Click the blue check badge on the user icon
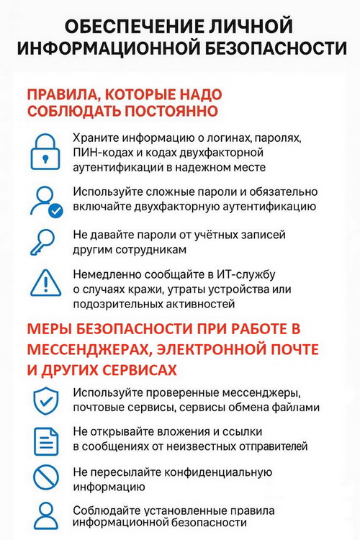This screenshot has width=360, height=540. [55, 210]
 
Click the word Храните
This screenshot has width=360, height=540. [95, 138]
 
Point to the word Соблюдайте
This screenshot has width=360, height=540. [104, 510]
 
